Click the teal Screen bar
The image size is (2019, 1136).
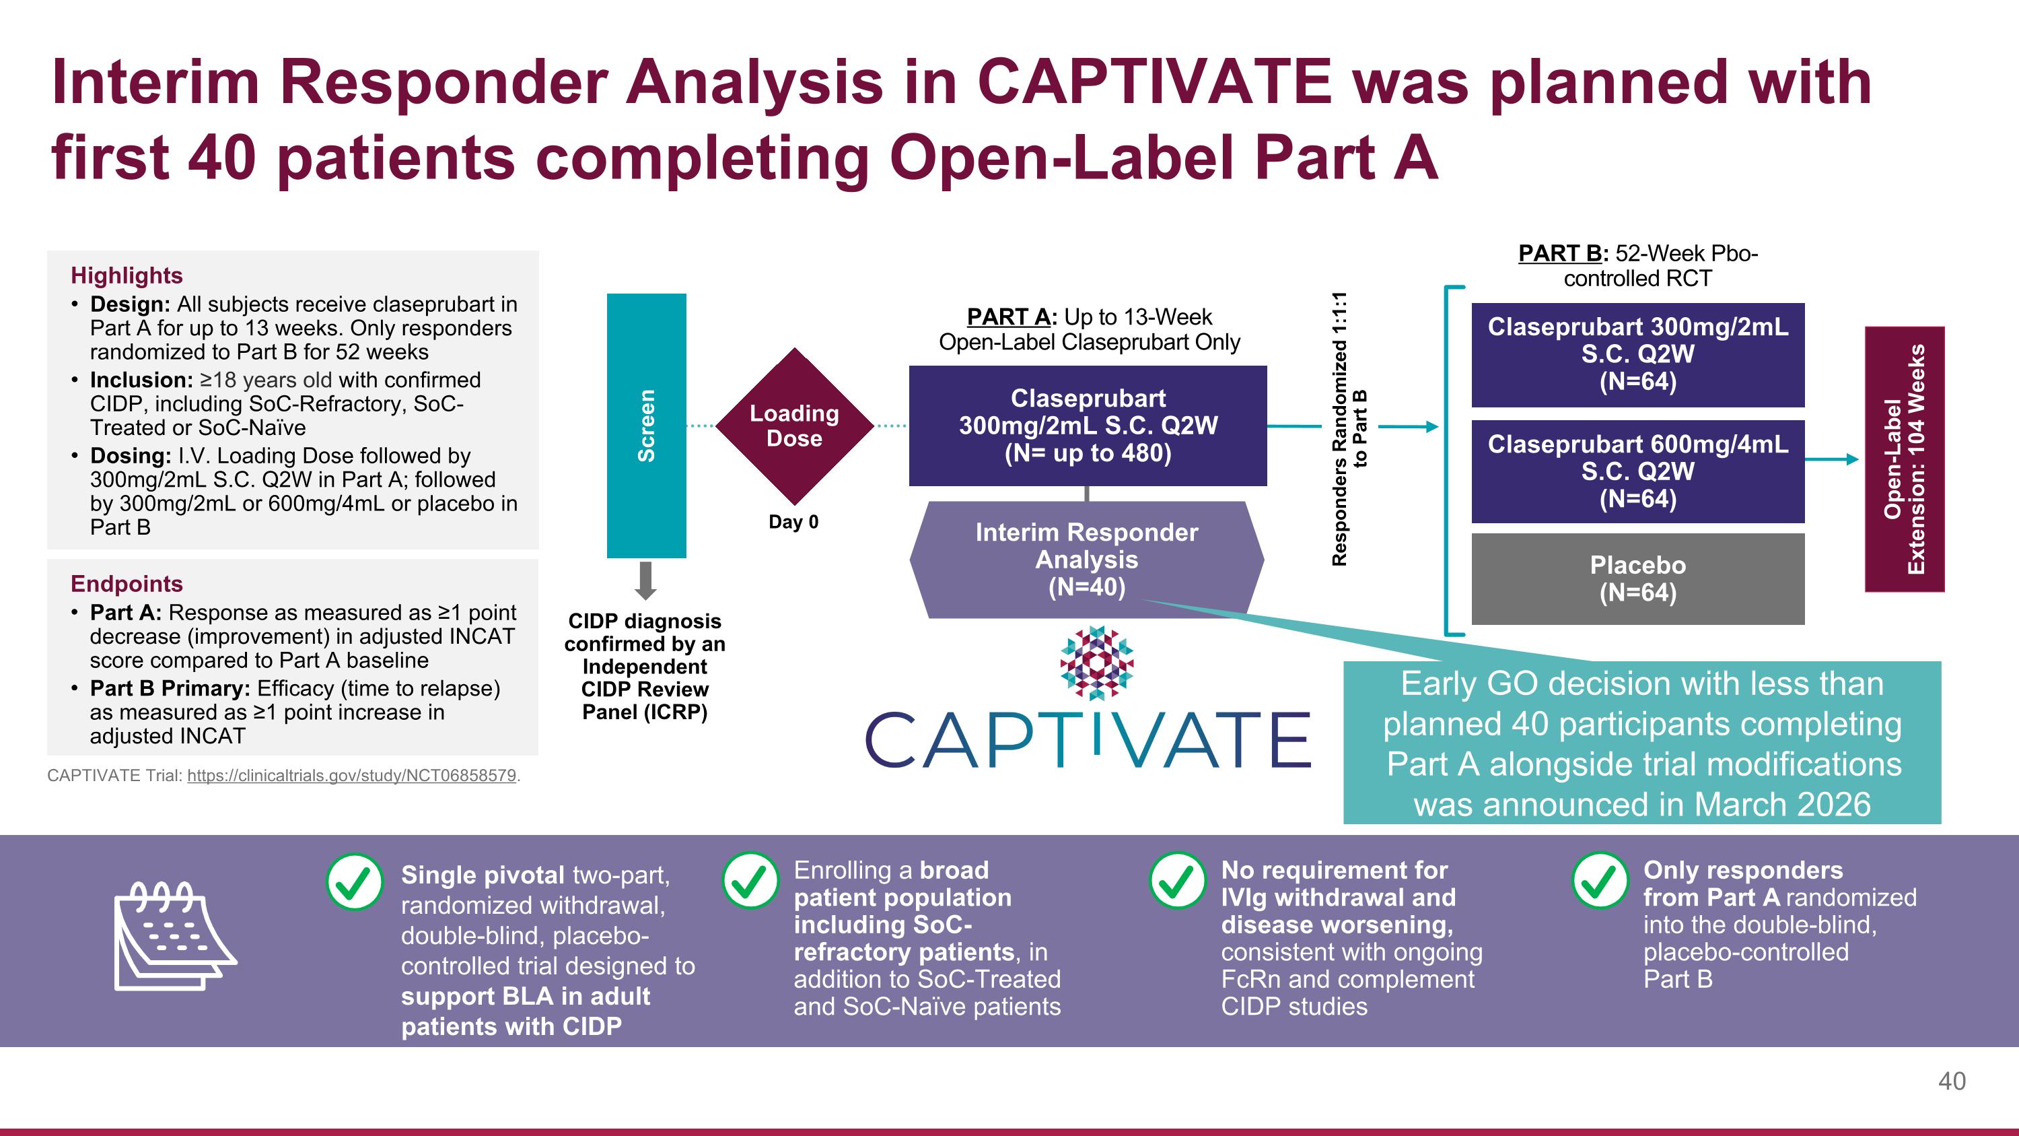(x=646, y=426)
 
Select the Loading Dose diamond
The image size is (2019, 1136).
(x=794, y=426)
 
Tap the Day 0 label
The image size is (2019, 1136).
(x=793, y=522)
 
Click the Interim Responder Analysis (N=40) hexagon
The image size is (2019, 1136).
(x=1086, y=560)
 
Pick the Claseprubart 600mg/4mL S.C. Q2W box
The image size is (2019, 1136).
(x=1637, y=471)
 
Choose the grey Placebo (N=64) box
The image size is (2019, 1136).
(x=1637, y=578)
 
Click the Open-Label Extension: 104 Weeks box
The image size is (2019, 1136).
(x=1904, y=459)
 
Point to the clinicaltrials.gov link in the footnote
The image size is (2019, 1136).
(x=351, y=775)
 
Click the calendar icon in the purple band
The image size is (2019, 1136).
(x=175, y=936)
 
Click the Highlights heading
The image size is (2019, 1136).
(x=127, y=275)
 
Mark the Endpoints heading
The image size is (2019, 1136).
(x=127, y=583)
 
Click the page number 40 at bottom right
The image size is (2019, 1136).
(x=1951, y=1081)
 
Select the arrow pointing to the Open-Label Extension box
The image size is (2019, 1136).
(x=1832, y=459)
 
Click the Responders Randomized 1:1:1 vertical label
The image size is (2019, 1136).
(x=1348, y=429)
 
